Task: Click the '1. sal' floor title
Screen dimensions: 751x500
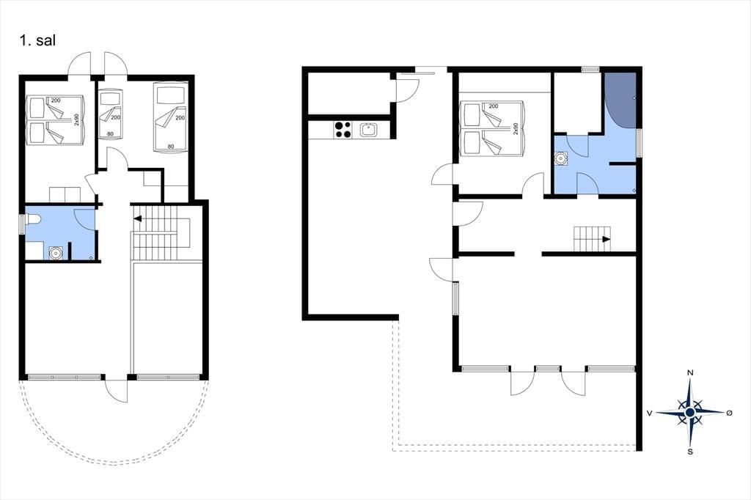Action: click(x=37, y=40)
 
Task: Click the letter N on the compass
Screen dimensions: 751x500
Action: click(x=690, y=372)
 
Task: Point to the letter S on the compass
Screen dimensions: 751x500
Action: click(x=690, y=452)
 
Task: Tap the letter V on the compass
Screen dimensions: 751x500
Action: click(x=650, y=413)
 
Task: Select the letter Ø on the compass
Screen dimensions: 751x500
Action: click(x=730, y=413)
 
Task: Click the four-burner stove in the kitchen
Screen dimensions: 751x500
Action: click(x=343, y=130)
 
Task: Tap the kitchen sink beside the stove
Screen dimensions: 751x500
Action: click(x=369, y=130)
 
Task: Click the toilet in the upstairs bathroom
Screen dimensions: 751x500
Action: click(x=34, y=220)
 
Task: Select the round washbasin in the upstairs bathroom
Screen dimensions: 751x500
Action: click(x=56, y=252)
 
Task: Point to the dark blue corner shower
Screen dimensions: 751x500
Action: click(x=620, y=100)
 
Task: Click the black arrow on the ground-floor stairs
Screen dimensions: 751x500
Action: click(x=607, y=239)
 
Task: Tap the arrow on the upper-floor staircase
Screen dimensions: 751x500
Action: click(x=138, y=219)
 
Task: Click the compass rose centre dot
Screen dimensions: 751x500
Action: click(x=689, y=412)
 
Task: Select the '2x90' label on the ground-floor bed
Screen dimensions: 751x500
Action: click(x=516, y=128)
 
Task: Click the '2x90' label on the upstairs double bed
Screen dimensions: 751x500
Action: click(x=76, y=120)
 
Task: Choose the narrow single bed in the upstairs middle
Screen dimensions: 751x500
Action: click(x=110, y=114)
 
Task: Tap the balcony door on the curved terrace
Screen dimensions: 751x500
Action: click(x=117, y=390)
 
